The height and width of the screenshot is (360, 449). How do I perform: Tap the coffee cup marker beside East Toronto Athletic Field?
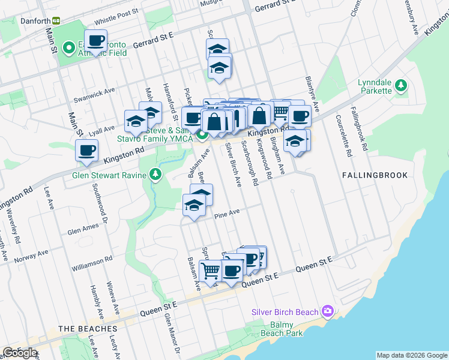(95, 41)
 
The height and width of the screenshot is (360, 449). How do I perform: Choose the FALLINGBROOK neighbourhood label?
(375, 175)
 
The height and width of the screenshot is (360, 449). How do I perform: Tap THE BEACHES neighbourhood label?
(87, 329)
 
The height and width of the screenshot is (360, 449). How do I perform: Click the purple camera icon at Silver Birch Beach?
(327, 311)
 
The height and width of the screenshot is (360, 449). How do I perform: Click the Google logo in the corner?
(20, 353)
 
